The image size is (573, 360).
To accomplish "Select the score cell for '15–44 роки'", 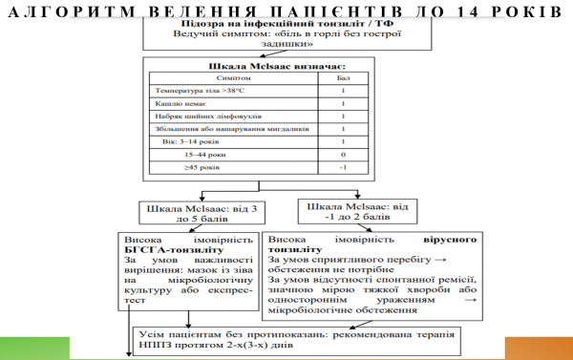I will (342, 155).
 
